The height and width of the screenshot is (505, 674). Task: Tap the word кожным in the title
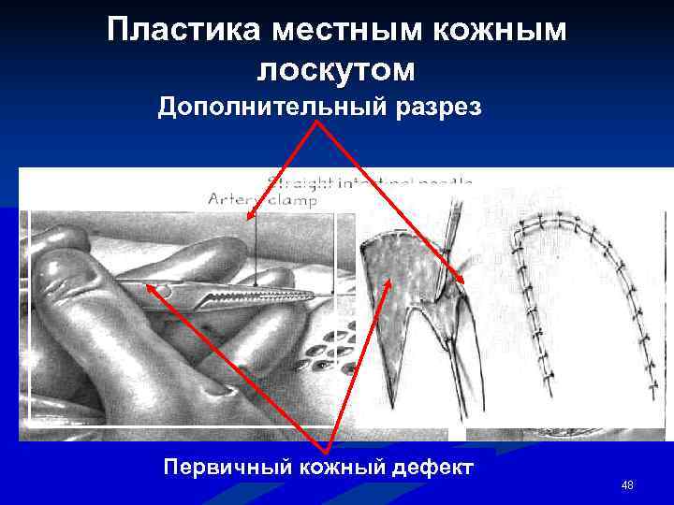click(507, 30)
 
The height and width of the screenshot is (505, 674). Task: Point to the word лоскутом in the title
click(336, 70)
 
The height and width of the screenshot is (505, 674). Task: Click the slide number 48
click(627, 484)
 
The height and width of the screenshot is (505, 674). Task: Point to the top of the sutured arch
click(552, 221)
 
